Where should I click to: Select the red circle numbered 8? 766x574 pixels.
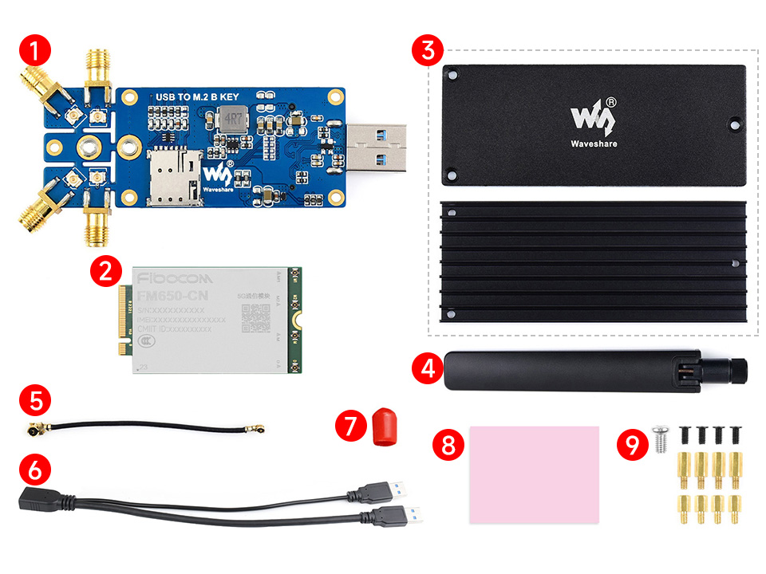coord(447,444)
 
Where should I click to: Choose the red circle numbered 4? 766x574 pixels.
coord(428,368)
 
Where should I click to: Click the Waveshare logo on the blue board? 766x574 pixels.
coord(218,176)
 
